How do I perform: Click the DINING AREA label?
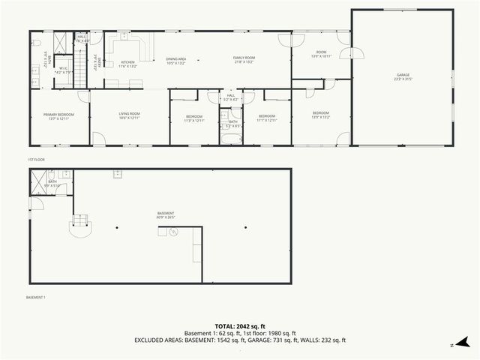click(x=176, y=60)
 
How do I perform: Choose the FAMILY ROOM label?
click(x=244, y=60)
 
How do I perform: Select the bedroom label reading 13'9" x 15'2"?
click(x=320, y=115)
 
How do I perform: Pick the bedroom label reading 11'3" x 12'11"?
click(x=193, y=118)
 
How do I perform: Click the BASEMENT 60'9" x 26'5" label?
click(x=166, y=215)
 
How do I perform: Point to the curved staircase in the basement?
click(x=79, y=222)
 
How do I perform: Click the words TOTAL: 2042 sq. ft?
click(x=240, y=326)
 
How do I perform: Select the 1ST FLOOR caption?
click(x=37, y=160)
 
